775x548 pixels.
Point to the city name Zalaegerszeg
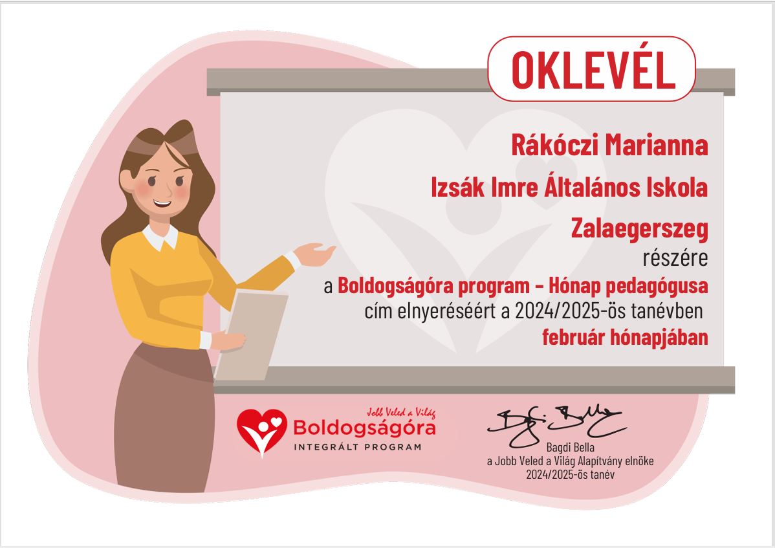click(640, 230)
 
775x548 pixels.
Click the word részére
click(675, 258)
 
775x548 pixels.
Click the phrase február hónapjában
click(625, 337)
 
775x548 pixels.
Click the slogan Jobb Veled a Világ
click(401, 413)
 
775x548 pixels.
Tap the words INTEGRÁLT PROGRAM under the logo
click(358, 447)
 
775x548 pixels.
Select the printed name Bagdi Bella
click(571, 448)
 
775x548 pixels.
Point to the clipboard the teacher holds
click(252, 336)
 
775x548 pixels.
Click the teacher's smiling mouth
click(162, 203)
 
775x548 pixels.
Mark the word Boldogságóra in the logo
click(364, 428)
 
